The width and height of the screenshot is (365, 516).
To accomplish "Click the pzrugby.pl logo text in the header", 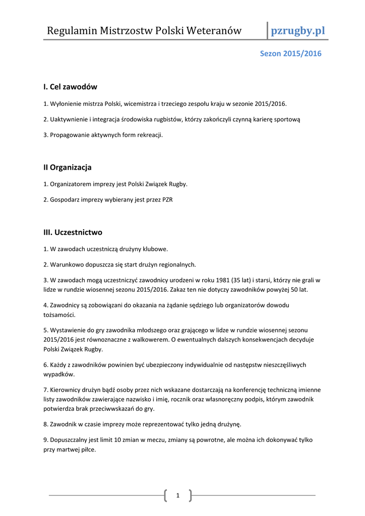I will [298, 31].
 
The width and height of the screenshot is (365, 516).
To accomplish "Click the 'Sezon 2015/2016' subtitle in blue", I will [290, 53].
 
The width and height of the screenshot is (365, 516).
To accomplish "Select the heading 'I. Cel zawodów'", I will [70, 87].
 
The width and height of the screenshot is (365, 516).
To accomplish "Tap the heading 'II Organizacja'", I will [68, 167].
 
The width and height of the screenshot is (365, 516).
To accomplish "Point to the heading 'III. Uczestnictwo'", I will [73, 232].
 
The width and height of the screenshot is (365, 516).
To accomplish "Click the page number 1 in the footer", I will [178, 496].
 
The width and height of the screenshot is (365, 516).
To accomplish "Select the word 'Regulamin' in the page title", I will [71, 31].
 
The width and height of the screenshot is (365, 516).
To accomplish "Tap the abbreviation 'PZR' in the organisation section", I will [167, 200].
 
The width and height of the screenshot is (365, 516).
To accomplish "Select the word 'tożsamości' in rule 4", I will [58, 315].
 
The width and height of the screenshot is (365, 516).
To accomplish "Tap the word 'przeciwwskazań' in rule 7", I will [100, 409].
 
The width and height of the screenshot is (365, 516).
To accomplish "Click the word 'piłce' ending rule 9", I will [87, 449].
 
